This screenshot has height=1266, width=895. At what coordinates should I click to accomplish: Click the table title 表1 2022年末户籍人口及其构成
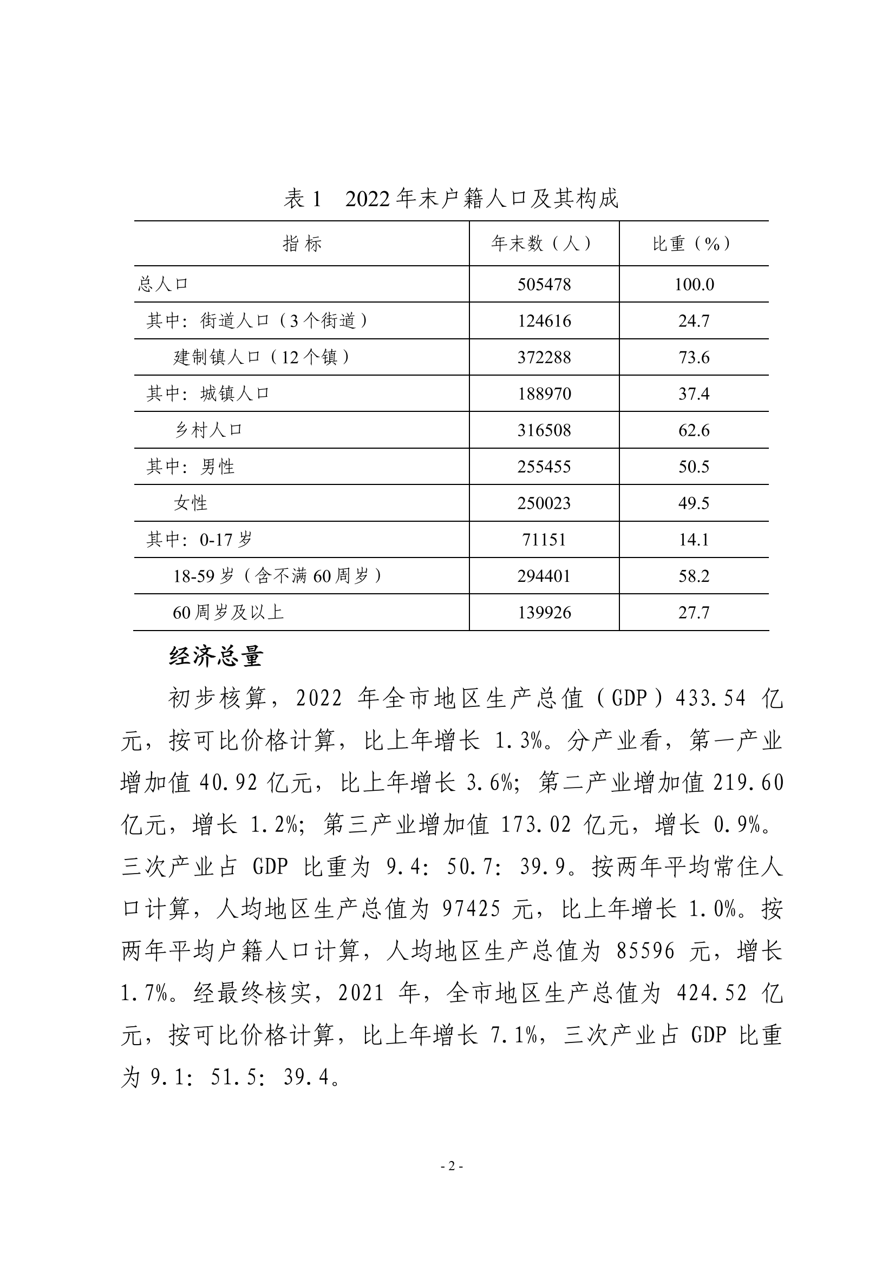point(450,199)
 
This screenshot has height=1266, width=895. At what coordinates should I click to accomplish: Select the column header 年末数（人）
point(544,244)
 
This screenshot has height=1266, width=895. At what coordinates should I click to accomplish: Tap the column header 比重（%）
point(694,244)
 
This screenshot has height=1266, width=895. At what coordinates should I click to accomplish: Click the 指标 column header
point(302,244)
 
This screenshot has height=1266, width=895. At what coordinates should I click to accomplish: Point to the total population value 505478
point(544,285)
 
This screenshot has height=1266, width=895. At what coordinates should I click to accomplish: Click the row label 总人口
point(163,285)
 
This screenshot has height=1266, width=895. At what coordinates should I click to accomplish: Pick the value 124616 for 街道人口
point(544,321)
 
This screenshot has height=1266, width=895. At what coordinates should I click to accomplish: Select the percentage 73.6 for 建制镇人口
point(694,357)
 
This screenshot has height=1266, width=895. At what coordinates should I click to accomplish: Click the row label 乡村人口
point(208,430)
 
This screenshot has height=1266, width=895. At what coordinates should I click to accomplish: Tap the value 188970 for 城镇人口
point(544,393)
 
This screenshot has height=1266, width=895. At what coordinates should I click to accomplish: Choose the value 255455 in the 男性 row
point(544,467)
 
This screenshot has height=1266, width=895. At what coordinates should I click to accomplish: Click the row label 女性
point(190,503)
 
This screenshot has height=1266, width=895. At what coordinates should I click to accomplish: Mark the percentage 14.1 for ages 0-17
point(694,539)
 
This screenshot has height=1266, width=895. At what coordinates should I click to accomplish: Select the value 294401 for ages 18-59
point(544,576)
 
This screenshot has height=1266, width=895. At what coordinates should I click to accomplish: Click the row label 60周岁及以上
point(228,613)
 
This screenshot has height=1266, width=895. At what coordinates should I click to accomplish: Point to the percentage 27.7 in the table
point(694,613)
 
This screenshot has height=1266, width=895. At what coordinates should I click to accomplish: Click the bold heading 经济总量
point(215,657)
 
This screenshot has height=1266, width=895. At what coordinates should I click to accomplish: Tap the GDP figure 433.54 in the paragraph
point(710,699)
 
